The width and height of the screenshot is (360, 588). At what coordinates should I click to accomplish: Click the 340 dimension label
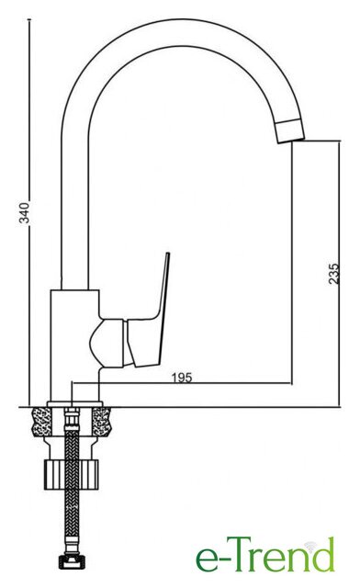tap(25, 212)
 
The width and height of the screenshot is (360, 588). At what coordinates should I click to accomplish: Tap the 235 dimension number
tap(333, 274)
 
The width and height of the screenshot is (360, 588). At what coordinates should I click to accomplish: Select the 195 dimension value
tap(182, 378)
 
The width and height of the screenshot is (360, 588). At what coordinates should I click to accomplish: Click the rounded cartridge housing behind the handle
tap(108, 343)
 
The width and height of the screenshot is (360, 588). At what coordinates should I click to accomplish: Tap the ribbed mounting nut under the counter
tap(72, 474)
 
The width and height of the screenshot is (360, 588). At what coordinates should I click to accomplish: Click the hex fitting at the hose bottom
tap(73, 562)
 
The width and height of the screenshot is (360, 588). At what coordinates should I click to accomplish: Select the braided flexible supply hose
tap(72, 488)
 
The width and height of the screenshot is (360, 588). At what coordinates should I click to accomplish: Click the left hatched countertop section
tap(42, 422)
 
